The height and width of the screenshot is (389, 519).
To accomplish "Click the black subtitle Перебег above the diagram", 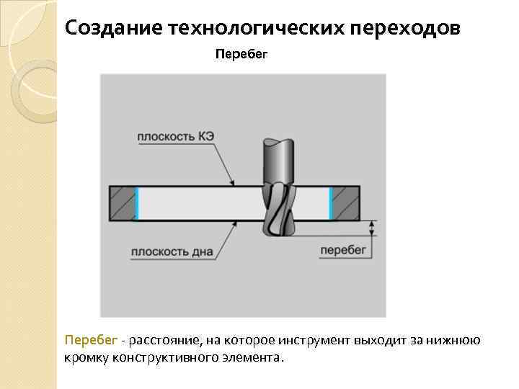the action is (241, 55).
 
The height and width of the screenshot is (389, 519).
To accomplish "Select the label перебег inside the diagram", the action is (343, 250).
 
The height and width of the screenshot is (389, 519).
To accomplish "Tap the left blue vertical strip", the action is (136, 203).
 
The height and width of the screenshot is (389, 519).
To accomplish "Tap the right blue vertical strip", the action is (331, 203).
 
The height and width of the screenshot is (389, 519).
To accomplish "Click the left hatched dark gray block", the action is (123, 203).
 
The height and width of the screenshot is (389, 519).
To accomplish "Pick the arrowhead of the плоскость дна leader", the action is (234, 224).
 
